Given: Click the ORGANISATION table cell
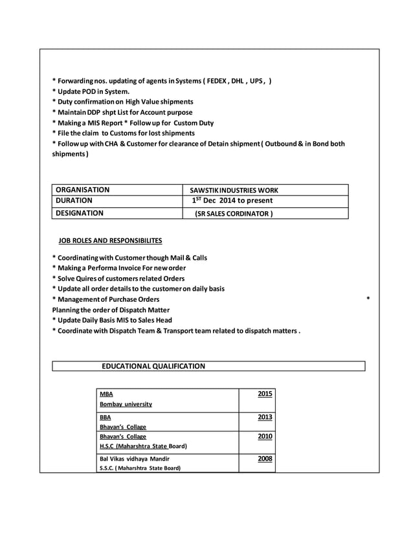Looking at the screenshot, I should [x=82, y=190].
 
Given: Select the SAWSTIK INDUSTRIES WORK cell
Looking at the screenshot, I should [x=234, y=190].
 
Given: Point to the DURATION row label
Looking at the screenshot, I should [x=74, y=201].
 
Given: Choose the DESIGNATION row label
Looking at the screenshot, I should [x=79, y=212].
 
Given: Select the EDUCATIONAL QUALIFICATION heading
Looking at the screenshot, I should [x=153, y=366].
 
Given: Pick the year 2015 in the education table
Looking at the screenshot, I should [x=265, y=393].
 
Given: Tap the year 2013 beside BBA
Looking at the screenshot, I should [x=265, y=416].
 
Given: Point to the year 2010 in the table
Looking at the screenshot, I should [x=265, y=437].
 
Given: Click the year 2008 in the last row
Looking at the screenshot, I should [x=265, y=459].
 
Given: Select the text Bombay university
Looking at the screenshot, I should [x=126, y=404].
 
